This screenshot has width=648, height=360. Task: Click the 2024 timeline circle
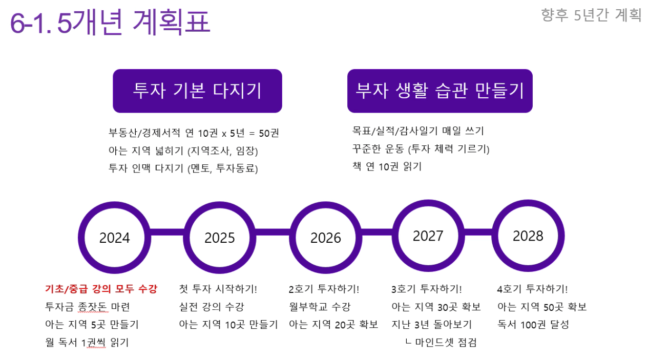[114, 238]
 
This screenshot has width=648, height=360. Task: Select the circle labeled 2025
[220, 238]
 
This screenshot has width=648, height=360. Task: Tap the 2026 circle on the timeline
[325, 238]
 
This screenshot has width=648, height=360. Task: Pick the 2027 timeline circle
[428, 236]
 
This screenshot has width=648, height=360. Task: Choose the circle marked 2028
[528, 236]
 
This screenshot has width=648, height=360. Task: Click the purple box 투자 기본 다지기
[197, 91]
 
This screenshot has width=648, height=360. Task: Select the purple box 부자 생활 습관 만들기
[440, 91]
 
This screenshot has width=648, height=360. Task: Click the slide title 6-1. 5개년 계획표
[110, 22]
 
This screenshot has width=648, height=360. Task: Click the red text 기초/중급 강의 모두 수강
[101, 289]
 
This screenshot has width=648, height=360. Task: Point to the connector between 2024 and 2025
[167, 232]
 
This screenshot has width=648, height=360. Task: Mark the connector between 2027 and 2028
[478, 232]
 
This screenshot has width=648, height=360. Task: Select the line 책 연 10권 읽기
[387, 166]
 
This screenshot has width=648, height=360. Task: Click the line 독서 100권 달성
[533, 325]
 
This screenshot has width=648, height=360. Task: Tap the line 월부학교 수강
[320, 307]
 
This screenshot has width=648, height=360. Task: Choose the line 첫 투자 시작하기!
[218, 289]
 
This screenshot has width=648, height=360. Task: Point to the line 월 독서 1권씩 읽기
[87, 343]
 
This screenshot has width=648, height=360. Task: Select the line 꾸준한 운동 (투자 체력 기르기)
[421, 149]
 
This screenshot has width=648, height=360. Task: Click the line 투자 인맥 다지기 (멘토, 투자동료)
[183, 168]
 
